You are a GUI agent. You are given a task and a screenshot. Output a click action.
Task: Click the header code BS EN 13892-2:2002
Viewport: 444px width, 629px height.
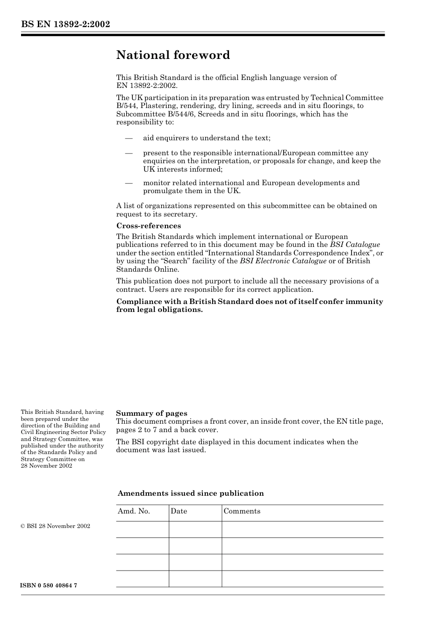click(65, 24)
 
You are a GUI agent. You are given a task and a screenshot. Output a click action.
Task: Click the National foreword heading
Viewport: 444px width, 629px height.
click(173, 55)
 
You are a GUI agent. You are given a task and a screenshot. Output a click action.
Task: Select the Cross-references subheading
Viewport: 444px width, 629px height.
click(148, 226)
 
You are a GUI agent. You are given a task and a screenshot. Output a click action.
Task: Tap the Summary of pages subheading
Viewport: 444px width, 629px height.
click(151, 413)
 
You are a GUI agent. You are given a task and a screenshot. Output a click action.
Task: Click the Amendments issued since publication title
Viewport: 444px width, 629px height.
click(191, 493)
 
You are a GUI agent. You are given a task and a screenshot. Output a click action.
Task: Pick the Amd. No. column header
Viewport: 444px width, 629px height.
click(134, 511)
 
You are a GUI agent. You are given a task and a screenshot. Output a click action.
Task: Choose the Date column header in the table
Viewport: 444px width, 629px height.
click(179, 511)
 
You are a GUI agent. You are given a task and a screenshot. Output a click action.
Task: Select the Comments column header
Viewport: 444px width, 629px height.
click(242, 511)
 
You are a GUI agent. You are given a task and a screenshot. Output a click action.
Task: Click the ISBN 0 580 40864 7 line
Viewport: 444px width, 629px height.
click(49, 586)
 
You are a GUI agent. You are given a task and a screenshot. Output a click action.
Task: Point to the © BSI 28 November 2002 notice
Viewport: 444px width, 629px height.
click(56, 526)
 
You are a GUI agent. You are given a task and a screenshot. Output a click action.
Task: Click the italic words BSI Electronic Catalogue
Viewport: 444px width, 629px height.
click(283, 261)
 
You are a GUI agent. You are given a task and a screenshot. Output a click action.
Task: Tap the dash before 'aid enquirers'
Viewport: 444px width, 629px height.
click(129, 138)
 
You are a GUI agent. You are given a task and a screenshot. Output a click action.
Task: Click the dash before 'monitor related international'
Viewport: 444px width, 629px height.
click(129, 183)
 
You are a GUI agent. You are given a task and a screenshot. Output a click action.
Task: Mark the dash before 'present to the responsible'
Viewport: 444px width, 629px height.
click(129, 153)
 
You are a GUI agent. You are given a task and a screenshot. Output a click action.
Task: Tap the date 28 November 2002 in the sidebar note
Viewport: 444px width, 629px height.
click(46, 466)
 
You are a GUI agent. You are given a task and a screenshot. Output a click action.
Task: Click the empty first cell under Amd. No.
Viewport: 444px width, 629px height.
click(142, 529)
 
